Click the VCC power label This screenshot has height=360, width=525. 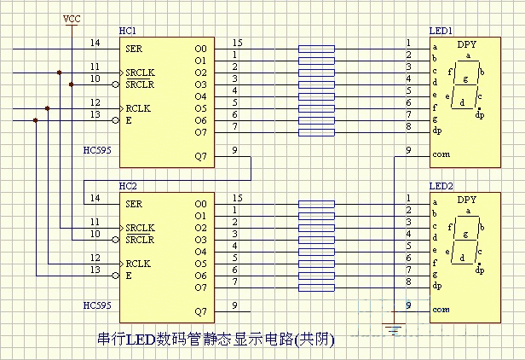(x=72, y=19)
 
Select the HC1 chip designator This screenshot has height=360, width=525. (x=128, y=32)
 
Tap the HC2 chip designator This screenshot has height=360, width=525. (x=128, y=186)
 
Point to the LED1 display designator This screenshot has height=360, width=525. (x=441, y=32)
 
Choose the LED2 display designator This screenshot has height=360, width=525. (x=441, y=186)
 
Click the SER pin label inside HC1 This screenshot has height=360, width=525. (x=134, y=49)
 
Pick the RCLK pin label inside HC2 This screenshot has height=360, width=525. (x=138, y=264)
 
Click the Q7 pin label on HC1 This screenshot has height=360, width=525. (x=201, y=156)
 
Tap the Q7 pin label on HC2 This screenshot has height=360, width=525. (x=201, y=311)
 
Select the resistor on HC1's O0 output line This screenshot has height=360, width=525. (x=316, y=49)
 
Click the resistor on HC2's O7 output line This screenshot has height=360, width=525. (x=316, y=288)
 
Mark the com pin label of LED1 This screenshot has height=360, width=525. (x=441, y=154)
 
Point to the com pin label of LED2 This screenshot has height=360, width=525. (x=441, y=310)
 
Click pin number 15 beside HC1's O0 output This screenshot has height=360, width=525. (x=238, y=43)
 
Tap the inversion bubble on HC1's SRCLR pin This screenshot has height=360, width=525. (x=116, y=84)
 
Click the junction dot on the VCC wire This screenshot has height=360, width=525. (x=72, y=84)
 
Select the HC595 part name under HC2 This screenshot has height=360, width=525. (x=97, y=305)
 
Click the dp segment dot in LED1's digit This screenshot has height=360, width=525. (x=480, y=109)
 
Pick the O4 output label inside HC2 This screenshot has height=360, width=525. (x=201, y=252)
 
